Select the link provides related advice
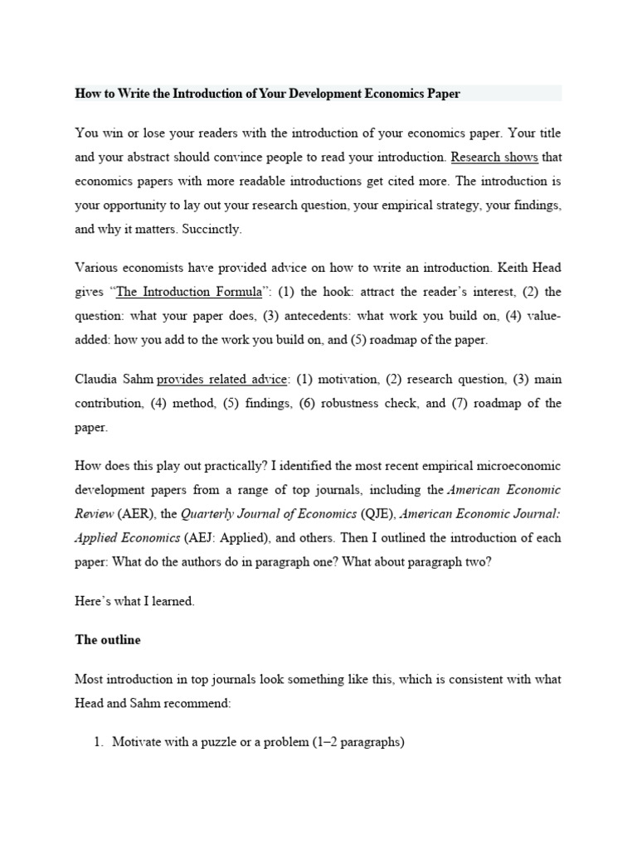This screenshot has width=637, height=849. pos(223,380)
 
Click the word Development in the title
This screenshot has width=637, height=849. pos(318,94)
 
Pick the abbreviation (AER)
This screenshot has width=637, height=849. pos(132,513)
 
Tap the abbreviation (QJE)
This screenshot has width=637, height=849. pos(362,513)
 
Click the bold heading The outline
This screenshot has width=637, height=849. pos(108,640)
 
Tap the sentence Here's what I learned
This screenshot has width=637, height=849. pos(134,601)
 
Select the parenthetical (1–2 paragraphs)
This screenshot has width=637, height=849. pos(352,743)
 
